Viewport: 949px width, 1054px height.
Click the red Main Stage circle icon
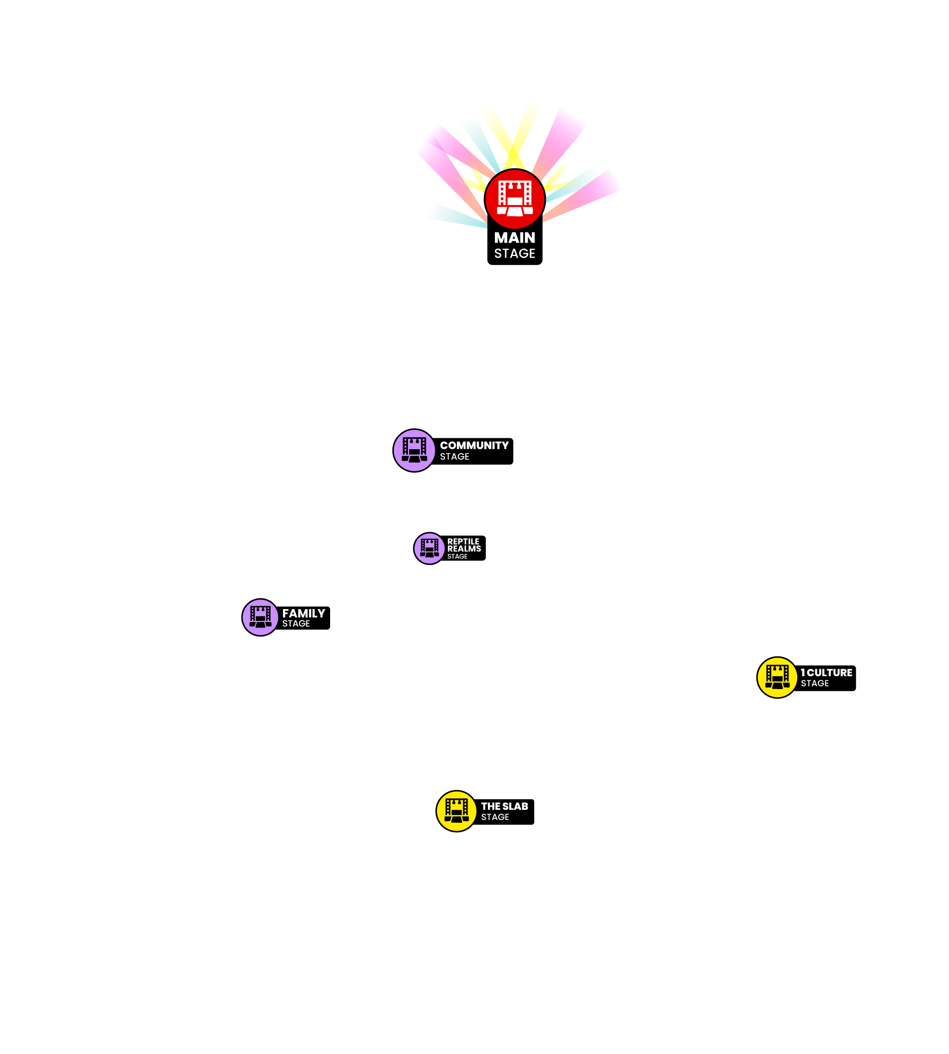(x=515, y=199)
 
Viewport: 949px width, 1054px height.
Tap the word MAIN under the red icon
(x=515, y=238)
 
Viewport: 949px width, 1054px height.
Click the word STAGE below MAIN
(x=515, y=253)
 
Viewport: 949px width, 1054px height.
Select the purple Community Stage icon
(x=414, y=450)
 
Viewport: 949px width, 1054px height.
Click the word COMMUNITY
(x=474, y=445)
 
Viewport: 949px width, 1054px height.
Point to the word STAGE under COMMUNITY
(x=455, y=457)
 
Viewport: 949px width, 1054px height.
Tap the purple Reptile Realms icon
(x=429, y=548)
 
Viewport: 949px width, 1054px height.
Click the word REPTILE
(x=463, y=541)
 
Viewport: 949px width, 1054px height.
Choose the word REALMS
(x=464, y=548)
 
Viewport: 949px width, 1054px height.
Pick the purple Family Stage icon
(x=260, y=617)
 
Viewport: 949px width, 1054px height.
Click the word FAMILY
(x=304, y=613)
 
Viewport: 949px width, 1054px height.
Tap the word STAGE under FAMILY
(x=296, y=624)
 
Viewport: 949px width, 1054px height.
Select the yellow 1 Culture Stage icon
(x=777, y=677)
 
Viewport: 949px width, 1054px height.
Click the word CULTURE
(x=830, y=673)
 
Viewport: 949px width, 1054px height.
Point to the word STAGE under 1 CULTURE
(x=815, y=683)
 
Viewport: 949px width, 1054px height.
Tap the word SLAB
(x=516, y=807)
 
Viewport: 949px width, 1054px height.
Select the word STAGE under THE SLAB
(x=495, y=817)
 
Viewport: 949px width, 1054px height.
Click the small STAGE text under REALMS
(x=457, y=557)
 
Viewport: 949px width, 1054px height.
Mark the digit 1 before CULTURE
(x=803, y=673)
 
